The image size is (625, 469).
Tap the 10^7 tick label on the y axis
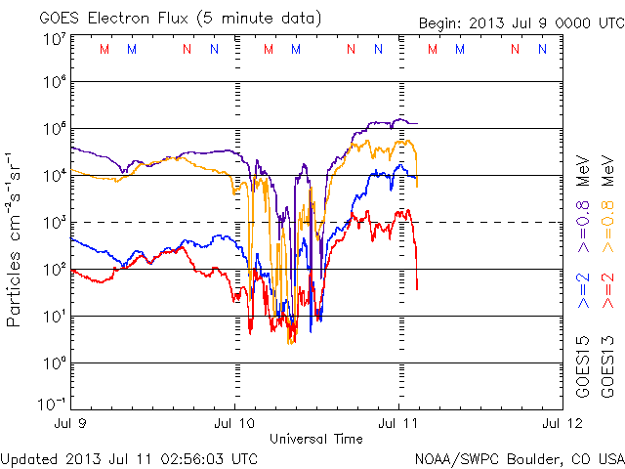coord(54,39)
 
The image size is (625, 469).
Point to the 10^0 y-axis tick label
coord(54,362)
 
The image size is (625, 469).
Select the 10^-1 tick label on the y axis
coord(52,405)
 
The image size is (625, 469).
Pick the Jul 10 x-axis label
coord(234,423)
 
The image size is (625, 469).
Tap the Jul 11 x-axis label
coord(397,423)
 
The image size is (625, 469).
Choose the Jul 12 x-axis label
coord(561,423)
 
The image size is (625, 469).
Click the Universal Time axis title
coord(315,439)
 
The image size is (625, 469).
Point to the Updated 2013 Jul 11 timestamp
coord(130,457)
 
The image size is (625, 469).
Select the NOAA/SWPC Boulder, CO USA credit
coord(519,457)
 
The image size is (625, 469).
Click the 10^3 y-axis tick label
coord(54,222)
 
